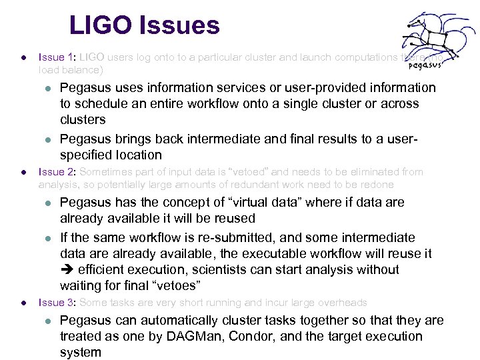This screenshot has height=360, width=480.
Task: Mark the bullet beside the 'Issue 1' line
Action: tap(23, 57)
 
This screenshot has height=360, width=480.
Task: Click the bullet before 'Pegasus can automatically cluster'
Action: tap(47, 321)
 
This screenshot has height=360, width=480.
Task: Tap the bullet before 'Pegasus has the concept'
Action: tap(47, 203)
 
